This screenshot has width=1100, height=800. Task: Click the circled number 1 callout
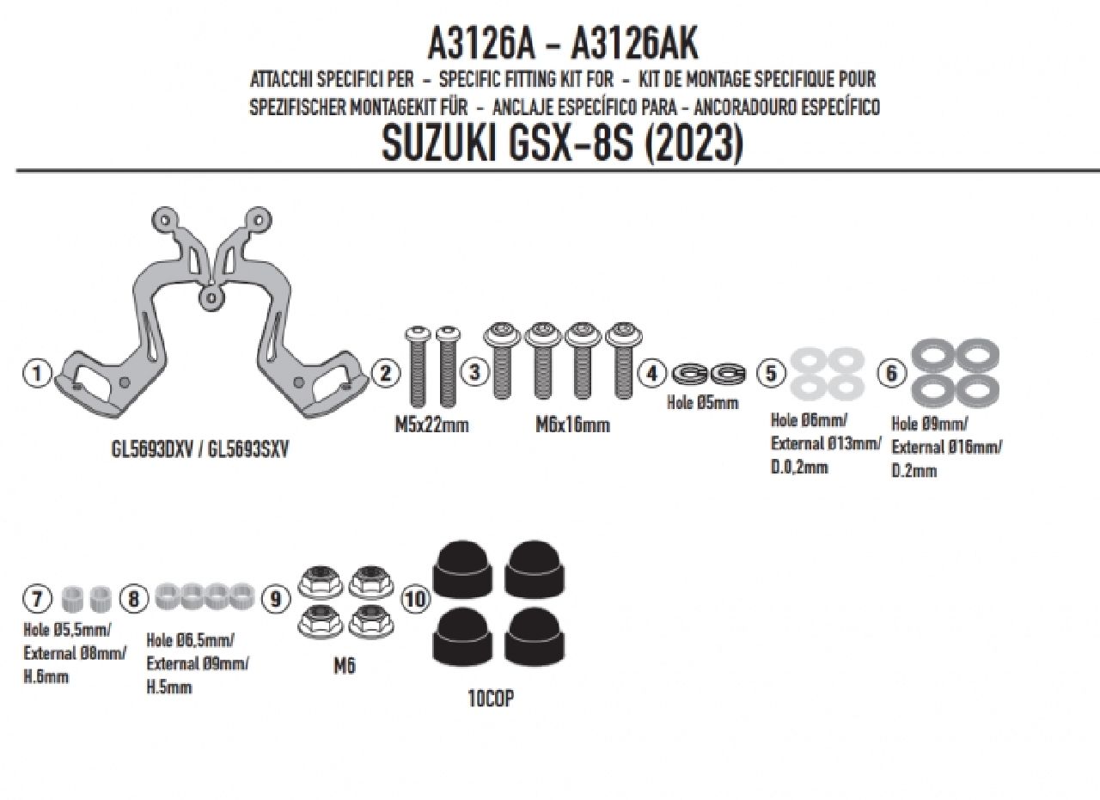pos(37,373)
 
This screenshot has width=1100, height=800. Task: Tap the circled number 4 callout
pos(651,374)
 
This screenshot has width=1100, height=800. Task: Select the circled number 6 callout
pos(892,374)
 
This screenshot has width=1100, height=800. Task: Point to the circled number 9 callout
pos(275,599)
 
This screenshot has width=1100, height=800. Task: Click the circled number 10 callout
pos(416,599)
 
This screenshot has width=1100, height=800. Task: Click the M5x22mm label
pos(431,424)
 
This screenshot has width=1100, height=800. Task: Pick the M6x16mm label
pos(572,424)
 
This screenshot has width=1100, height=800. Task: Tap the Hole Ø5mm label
pos(702,403)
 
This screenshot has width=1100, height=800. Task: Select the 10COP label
pos(491,699)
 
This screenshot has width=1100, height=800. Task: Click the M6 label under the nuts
pos(345,667)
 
